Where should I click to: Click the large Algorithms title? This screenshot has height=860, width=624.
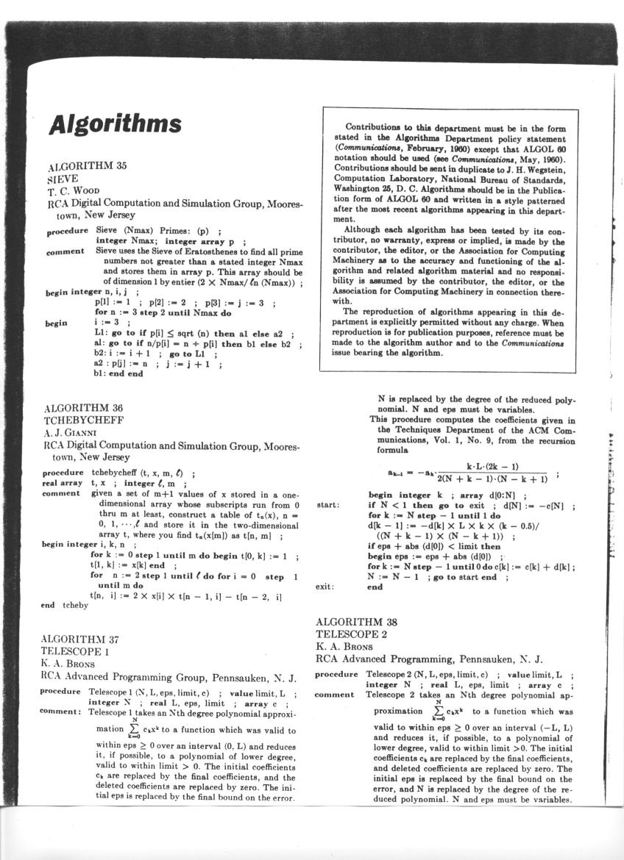click(115, 124)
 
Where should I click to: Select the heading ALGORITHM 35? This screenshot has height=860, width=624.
click(87, 166)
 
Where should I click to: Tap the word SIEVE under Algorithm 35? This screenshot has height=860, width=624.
click(61, 178)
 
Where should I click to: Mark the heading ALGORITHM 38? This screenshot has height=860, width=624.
click(358, 623)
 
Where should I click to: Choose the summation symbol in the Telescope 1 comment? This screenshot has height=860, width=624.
click(135, 730)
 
